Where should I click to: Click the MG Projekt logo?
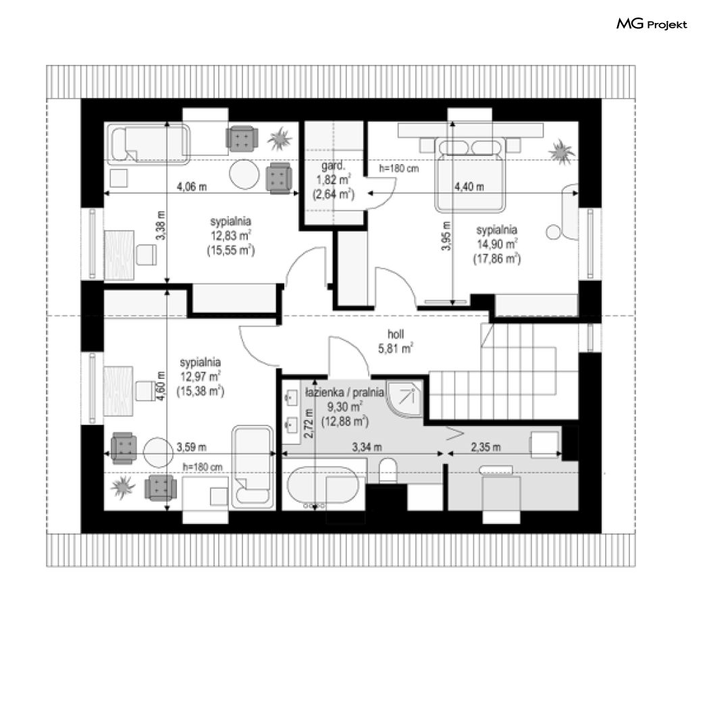click(652, 24)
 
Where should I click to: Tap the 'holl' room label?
click(396, 334)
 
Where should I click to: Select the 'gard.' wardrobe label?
click(334, 165)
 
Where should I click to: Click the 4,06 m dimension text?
click(192, 186)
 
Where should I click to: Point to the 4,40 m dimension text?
click(469, 186)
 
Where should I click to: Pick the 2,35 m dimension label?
click(485, 447)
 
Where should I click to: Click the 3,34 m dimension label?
click(367, 447)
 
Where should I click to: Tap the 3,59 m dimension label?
click(191, 447)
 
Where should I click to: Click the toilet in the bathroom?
click(388, 471)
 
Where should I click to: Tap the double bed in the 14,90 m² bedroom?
click(470, 174)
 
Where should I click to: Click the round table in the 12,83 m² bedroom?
click(244, 174)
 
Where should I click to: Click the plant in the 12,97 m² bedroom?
click(122, 487)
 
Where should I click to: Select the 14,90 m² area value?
click(497, 244)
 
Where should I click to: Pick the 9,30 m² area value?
click(344, 407)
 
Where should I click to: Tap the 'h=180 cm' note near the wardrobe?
click(399, 169)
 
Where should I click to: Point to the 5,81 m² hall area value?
click(396, 348)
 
